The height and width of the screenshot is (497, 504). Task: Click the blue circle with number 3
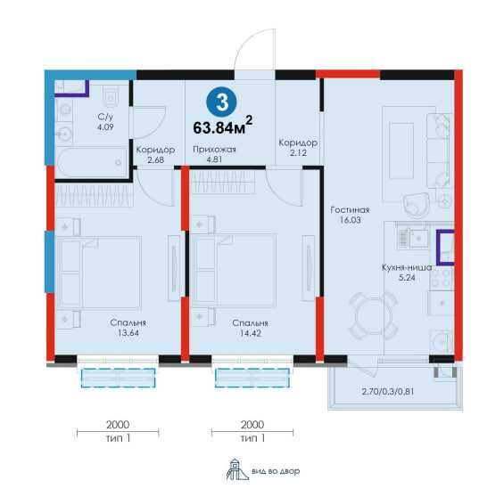[x=221, y=102]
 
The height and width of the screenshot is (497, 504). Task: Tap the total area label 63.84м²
[x=223, y=126]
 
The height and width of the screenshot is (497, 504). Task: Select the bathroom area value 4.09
[x=105, y=127]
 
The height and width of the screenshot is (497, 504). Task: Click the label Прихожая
[x=214, y=150]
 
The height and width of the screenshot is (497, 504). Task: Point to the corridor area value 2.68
[x=155, y=159]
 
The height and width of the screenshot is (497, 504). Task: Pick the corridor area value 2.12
[x=298, y=152]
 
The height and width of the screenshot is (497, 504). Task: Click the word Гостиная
[x=350, y=210]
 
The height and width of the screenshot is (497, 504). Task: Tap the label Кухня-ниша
[x=407, y=267]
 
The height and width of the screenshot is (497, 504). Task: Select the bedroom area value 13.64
[x=128, y=333]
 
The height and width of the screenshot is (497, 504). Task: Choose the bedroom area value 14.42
[x=251, y=333]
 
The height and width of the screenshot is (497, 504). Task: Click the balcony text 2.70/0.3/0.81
[x=388, y=391]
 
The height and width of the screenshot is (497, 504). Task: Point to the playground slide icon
[x=237, y=469]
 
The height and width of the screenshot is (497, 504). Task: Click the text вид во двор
[x=276, y=471]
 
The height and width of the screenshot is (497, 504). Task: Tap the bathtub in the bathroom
[x=92, y=162]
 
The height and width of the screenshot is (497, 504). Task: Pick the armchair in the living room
[x=417, y=206]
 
